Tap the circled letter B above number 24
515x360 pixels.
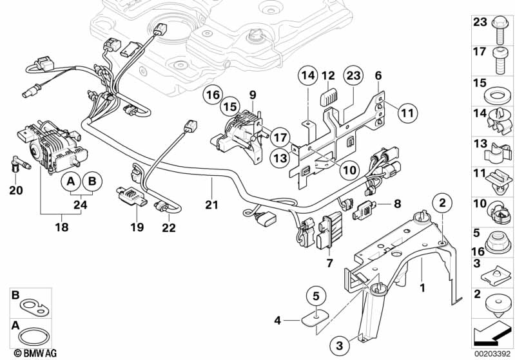coord(93,182)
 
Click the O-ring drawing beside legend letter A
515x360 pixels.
coord(30,336)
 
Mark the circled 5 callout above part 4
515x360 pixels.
coord(316,296)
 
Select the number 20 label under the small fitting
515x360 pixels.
coord(17,190)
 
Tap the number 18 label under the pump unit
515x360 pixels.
coord(62,227)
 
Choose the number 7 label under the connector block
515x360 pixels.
coord(329,263)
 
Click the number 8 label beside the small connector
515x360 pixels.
coord(398,204)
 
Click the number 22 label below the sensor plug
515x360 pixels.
coord(169,227)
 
